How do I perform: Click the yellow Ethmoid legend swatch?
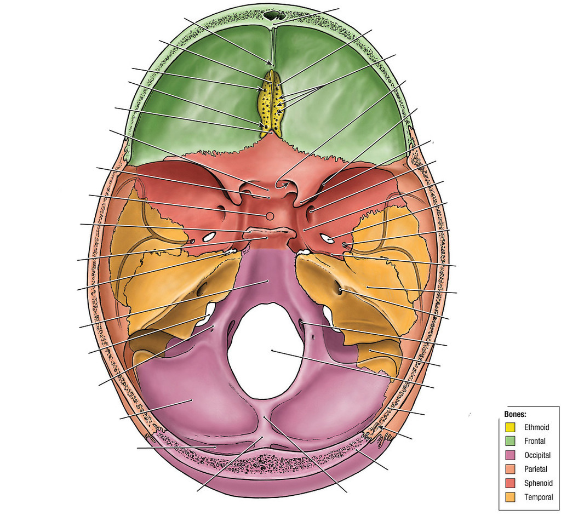tap(510, 427)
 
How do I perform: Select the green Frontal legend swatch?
tap(510, 441)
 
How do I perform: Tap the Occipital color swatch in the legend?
tap(510, 455)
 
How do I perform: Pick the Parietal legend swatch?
tap(510, 469)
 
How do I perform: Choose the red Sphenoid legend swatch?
tap(510, 483)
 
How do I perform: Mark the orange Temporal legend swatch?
tap(510, 497)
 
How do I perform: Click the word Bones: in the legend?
tap(515, 414)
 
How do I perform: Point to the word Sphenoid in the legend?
tap(539, 483)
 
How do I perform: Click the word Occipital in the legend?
tap(537, 455)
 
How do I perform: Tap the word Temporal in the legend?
tap(539, 497)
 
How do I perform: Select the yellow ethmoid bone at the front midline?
tap(270, 103)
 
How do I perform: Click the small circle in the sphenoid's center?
tap(270, 216)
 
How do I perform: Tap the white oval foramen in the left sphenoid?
tap(209, 236)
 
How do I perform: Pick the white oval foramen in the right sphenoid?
tap(328, 238)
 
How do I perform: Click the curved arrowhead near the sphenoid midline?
tap(285, 185)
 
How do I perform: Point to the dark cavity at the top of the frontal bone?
tap(274, 15)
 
